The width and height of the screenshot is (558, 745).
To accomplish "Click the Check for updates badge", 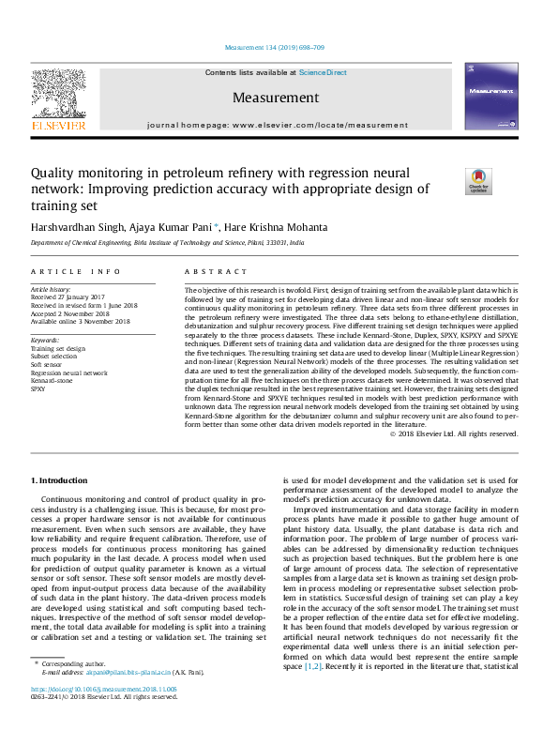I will (505, 182).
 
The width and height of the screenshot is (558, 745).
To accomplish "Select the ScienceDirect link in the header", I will (323, 72).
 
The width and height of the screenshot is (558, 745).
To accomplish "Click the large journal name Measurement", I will (276, 98).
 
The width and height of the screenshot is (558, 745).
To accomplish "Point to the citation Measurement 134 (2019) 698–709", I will (276, 48).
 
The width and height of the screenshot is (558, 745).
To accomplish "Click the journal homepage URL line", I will (277, 125).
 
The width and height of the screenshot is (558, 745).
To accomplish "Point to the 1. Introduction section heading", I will (63, 481).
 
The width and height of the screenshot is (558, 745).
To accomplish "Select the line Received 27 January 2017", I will (70, 298).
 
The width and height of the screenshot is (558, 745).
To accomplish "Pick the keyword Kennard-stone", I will (52, 380).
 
